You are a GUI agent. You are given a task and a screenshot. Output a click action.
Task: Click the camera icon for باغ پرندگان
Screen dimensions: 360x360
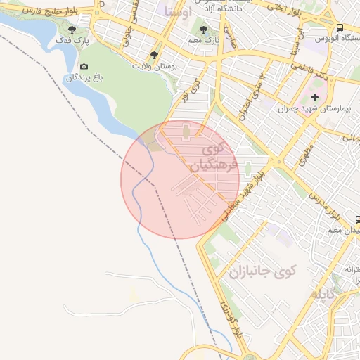point(84,67)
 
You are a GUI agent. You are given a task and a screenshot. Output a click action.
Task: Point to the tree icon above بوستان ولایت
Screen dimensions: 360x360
point(155,54)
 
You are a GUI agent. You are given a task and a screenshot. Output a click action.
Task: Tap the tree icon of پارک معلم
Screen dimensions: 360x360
point(204,30)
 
